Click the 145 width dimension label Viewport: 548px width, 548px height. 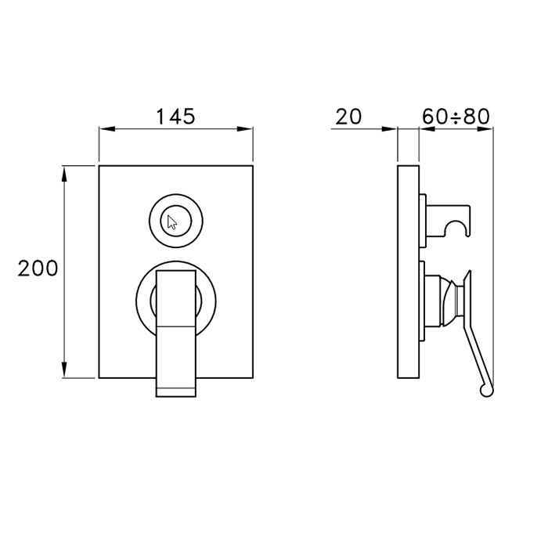click(175, 117)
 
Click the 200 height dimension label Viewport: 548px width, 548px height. click(38, 269)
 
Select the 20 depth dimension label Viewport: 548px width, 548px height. click(348, 117)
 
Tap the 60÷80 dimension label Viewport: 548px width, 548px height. click(456, 117)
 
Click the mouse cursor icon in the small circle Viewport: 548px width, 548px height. click(172, 222)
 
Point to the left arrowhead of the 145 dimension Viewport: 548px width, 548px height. click(107, 129)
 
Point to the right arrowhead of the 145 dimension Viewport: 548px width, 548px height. click(245, 129)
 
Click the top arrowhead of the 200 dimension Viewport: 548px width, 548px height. click(64, 174)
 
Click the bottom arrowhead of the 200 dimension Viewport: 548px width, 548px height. click(64, 370)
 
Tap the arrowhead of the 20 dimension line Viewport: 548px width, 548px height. click(389, 129)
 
